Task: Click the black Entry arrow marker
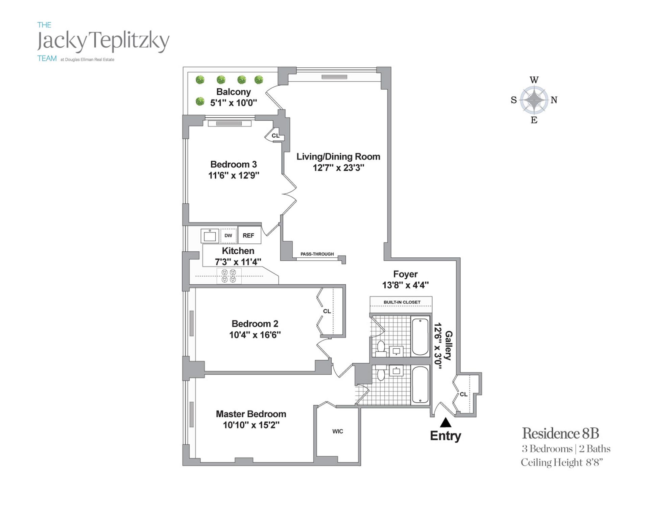pos(446,423)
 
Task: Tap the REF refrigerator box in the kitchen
pos(249,235)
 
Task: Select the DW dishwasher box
pos(229,235)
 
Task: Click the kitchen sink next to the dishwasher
pos(210,236)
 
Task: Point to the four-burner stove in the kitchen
pos(229,276)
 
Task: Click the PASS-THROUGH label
pos(317,254)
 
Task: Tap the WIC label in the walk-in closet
pos(338,431)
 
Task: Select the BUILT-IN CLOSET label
pos(402,302)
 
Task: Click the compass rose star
pos(534,100)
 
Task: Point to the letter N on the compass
pos(554,100)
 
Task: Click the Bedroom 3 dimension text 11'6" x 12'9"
pos(234,175)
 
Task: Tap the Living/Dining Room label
pos(338,157)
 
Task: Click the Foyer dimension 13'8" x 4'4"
pos(405,285)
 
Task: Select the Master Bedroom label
pos(251,414)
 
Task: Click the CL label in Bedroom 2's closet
pos(327,311)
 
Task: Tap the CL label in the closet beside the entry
pos(463,394)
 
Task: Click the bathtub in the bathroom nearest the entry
pos(420,385)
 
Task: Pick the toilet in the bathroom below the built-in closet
pos(381,347)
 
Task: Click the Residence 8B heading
pos(560,433)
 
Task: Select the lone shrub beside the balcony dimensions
pos(200,101)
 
